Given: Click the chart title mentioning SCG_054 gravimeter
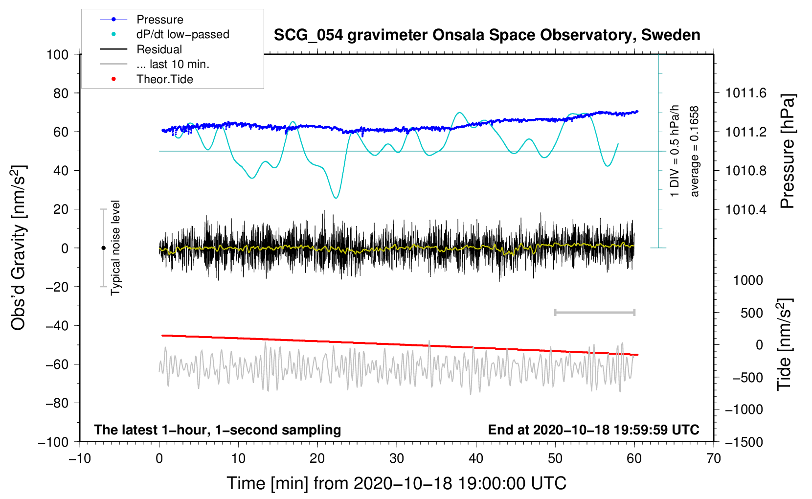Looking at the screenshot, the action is (x=487, y=35).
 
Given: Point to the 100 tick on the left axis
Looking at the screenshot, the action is (x=58, y=55).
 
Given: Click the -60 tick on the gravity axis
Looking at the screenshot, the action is (x=57, y=364).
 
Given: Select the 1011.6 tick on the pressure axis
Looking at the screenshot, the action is (x=745, y=93).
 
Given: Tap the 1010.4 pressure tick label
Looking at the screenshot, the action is (x=745, y=209).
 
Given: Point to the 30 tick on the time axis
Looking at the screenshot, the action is (x=397, y=459).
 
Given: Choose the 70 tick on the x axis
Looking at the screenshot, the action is (x=713, y=459).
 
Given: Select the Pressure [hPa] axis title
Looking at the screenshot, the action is (x=788, y=151).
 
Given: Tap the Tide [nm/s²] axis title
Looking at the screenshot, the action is (x=785, y=344).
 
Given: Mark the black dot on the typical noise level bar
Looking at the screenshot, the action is (x=103, y=248).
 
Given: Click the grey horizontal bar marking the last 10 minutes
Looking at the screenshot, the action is (x=595, y=313).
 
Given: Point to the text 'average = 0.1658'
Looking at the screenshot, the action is (x=694, y=151).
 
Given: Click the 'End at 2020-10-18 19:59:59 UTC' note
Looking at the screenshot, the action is (x=594, y=430).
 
